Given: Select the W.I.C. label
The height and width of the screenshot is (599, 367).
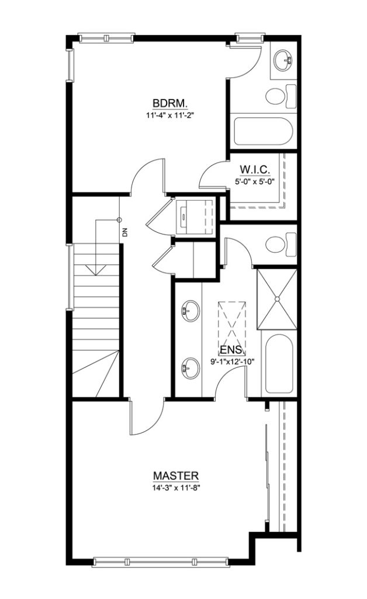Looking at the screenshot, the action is click(x=255, y=169).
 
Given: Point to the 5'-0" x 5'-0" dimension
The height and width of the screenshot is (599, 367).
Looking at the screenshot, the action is click(x=255, y=181).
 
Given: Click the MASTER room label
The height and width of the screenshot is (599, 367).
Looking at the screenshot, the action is click(x=175, y=476).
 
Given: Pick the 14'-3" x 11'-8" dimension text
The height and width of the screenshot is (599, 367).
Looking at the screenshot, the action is click(x=175, y=487).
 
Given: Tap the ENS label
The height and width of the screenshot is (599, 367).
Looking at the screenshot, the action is click(x=231, y=350).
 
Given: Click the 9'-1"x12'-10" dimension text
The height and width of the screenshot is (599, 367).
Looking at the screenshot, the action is click(x=233, y=361).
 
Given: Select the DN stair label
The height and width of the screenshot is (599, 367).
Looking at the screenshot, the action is click(x=125, y=232).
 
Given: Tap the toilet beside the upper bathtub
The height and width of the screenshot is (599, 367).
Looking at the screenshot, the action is click(x=281, y=97).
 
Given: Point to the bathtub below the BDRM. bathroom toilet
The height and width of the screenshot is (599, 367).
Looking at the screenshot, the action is click(x=263, y=132).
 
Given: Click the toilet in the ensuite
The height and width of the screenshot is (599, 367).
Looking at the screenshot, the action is click(x=281, y=245).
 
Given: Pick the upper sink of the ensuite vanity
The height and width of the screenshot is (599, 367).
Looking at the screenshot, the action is click(x=190, y=310).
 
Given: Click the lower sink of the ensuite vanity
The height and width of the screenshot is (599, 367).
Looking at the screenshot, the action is click(x=190, y=369).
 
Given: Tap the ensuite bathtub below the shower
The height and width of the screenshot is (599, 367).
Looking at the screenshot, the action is click(x=279, y=364).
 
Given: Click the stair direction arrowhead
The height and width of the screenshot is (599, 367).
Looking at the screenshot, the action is click(x=95, y=270).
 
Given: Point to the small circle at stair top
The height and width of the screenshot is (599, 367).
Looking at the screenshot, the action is click(x=119, y=220).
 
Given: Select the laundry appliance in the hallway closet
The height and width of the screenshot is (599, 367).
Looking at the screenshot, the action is click(x=194, y=216).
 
